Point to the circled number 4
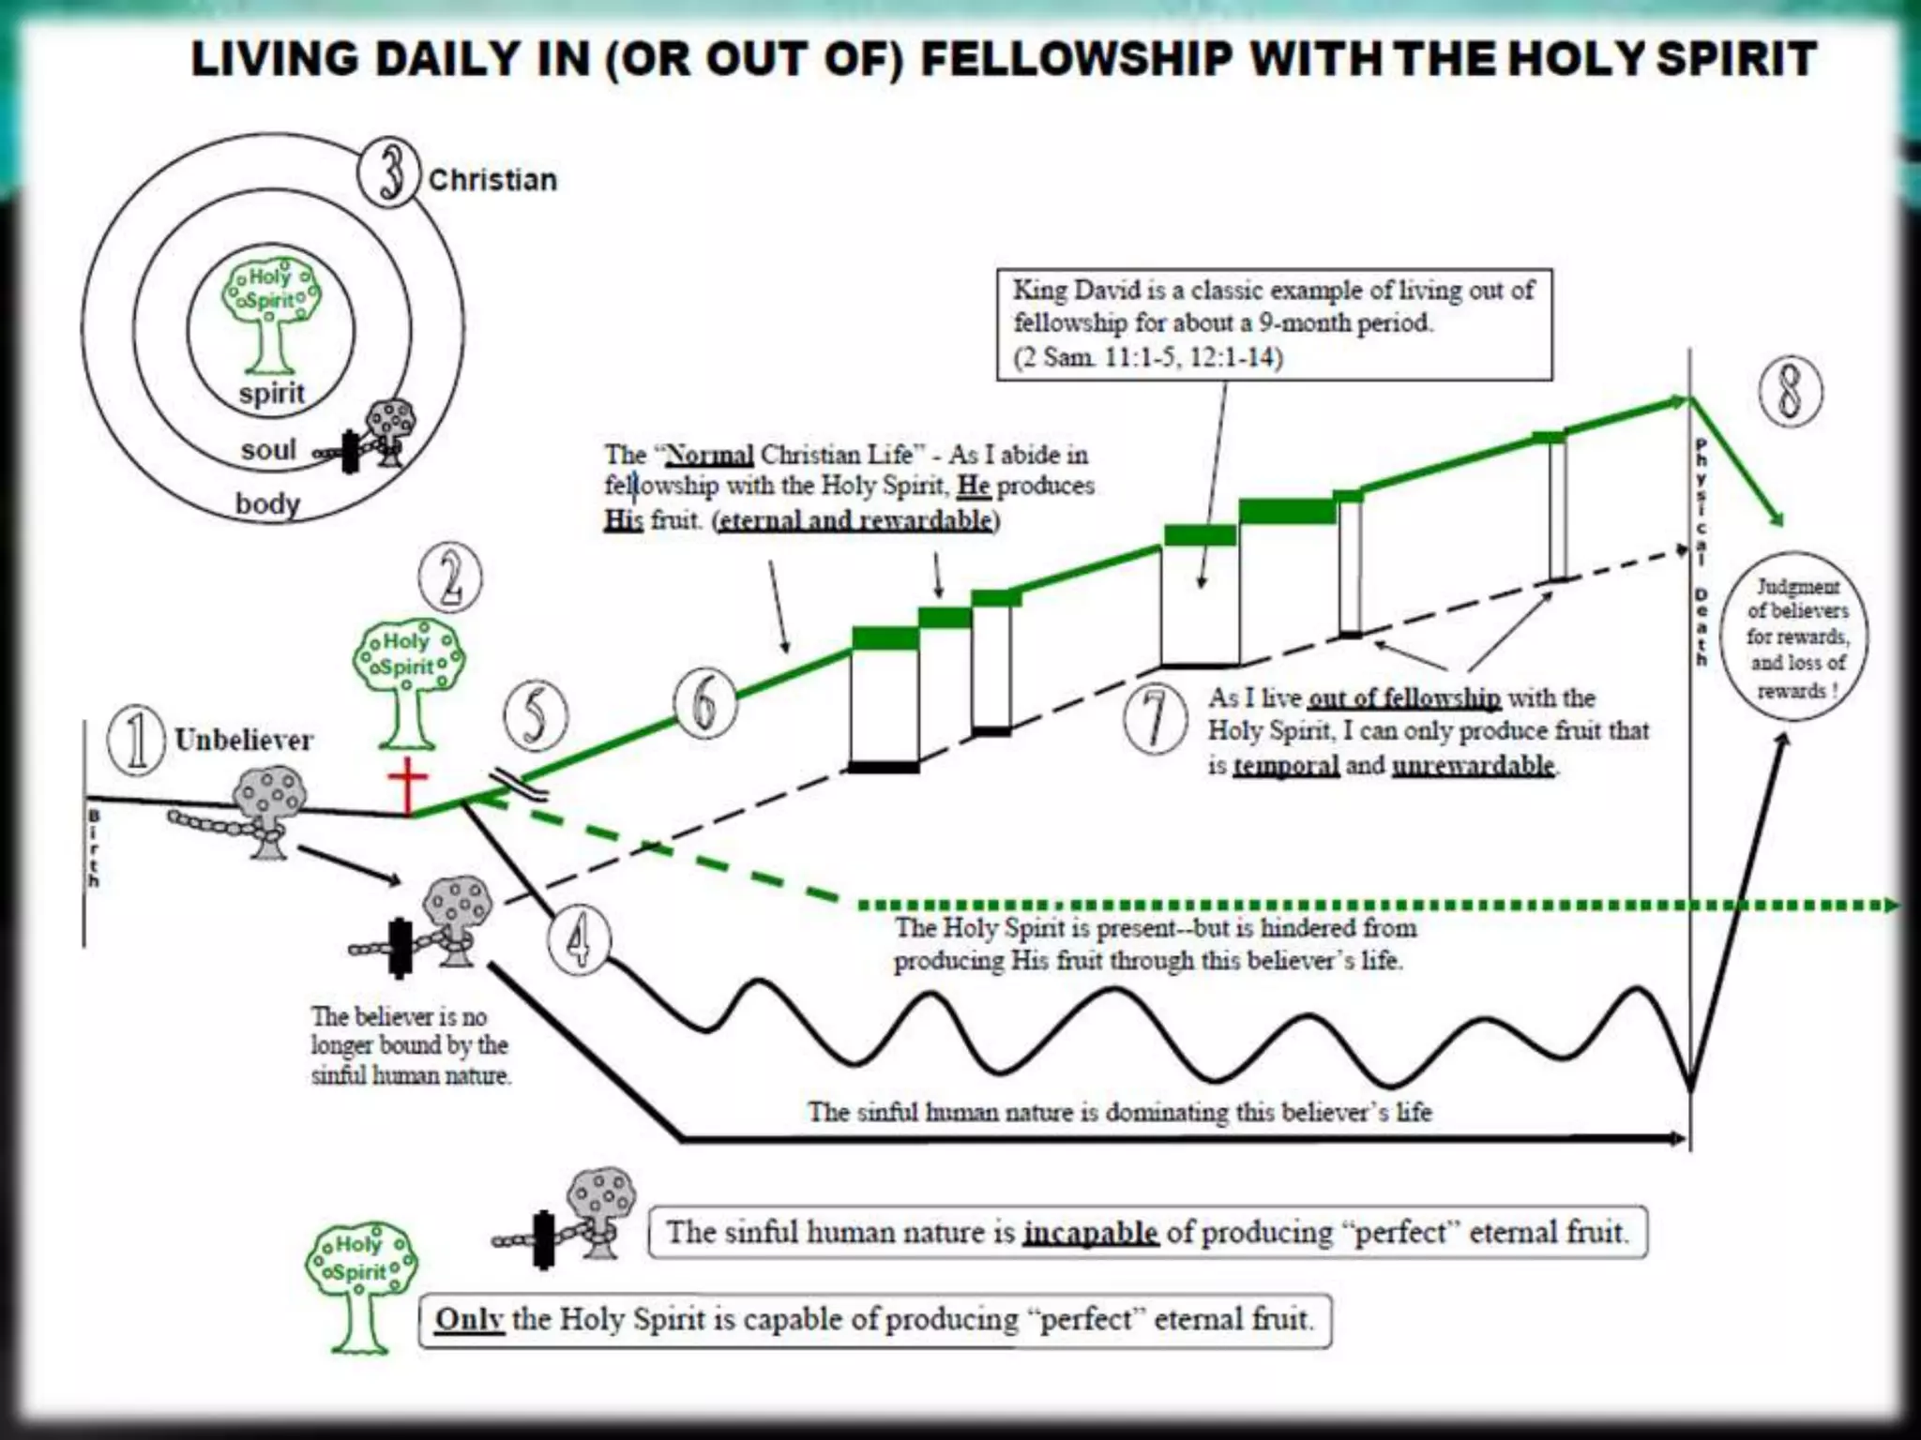580,940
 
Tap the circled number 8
1791,390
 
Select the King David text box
1274,324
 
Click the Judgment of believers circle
1796,638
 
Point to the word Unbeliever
244,740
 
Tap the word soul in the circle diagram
268,450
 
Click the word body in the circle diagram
267,503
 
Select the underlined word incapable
1090,1231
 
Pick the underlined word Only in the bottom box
469,1319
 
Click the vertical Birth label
94,849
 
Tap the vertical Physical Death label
1702,553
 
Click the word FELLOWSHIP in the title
1077,59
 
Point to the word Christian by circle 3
492,179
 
